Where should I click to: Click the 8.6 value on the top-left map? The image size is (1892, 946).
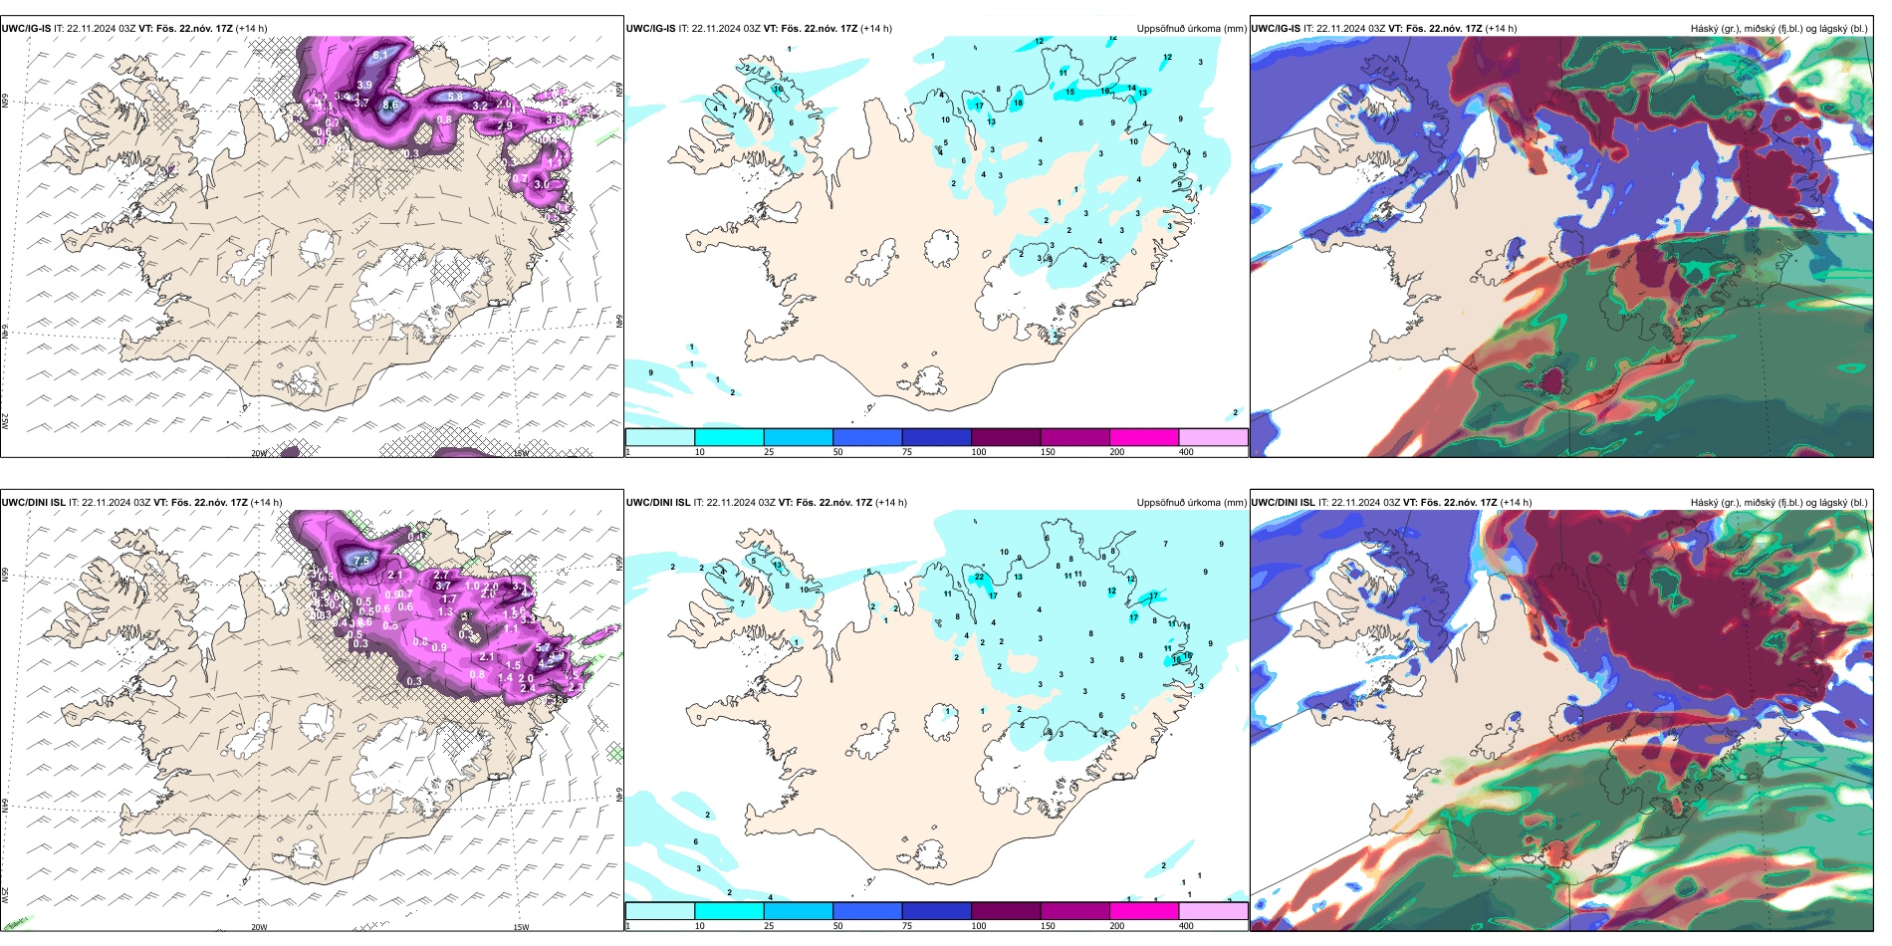click(390, 105)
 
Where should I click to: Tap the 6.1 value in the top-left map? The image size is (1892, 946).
click(380, 56)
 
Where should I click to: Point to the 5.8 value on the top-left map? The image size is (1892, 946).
click(455, 97)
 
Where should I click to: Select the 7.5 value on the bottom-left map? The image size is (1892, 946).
click(361, 561)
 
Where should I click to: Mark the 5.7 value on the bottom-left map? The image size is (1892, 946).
click(543, 648)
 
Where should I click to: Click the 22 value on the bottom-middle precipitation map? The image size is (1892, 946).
click(980, 577)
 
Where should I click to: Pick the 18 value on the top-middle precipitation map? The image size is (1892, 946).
click(1018, 103)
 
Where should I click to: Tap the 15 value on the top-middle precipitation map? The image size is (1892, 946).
click(1070, 93)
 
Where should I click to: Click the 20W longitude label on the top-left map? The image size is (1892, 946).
click(259, 453)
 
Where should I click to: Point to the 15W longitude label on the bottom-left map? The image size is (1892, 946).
click(520, 927)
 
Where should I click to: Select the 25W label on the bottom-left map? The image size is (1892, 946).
click(5, 895)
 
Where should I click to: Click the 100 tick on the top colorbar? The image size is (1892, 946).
click(980, 452)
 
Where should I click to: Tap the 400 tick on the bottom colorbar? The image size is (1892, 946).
click(1187, 926)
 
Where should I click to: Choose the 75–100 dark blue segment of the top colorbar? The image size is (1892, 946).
click(936, 437)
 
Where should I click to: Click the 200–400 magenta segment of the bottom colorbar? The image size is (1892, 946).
click(1144, 911)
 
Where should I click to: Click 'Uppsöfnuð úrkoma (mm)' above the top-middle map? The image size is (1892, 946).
click(1191, 29)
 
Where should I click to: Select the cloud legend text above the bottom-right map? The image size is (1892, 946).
click(1778, 503)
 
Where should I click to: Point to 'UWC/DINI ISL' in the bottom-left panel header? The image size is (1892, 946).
click(33, 503)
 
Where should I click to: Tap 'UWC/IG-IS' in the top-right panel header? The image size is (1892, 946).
click(1276, 29)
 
